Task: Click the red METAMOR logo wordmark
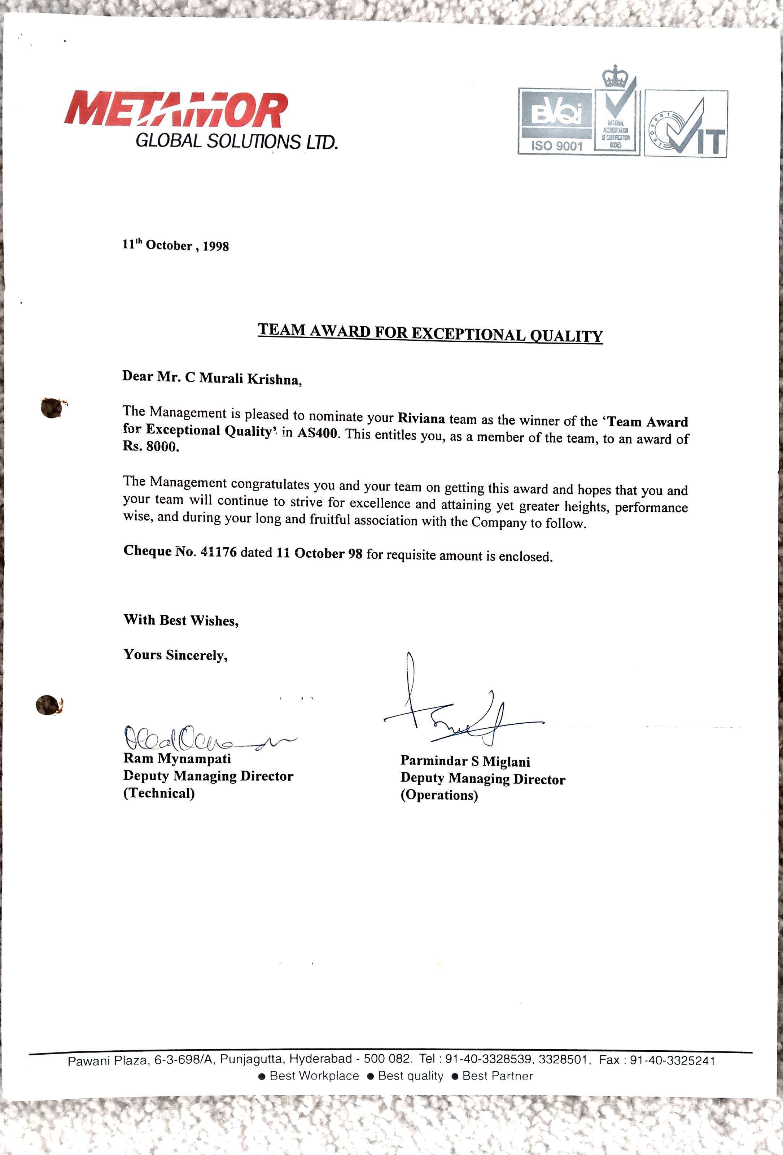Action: click(x=176, y=109)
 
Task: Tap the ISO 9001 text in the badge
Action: click(x=556, y=145)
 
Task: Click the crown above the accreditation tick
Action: click(x=616, y=75)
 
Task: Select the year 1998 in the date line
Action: click(x=216, y=247)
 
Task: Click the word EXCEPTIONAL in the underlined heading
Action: click(x=468, y=334)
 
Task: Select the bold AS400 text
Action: click(x=318, y=432)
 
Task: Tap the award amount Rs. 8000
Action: click(x=150, y=446)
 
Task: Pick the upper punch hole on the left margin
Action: click(x=51, y=407)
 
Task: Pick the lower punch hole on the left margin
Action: click(x=48, y=705)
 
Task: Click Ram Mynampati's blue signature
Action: click(x=199, y=738)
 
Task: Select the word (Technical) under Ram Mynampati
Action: click(x=159, y=793)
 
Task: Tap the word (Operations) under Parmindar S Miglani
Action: click(x=439, y=795)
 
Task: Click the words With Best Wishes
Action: click(x=181, y=620)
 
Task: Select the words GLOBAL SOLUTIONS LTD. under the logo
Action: click(x=236, y=141)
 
